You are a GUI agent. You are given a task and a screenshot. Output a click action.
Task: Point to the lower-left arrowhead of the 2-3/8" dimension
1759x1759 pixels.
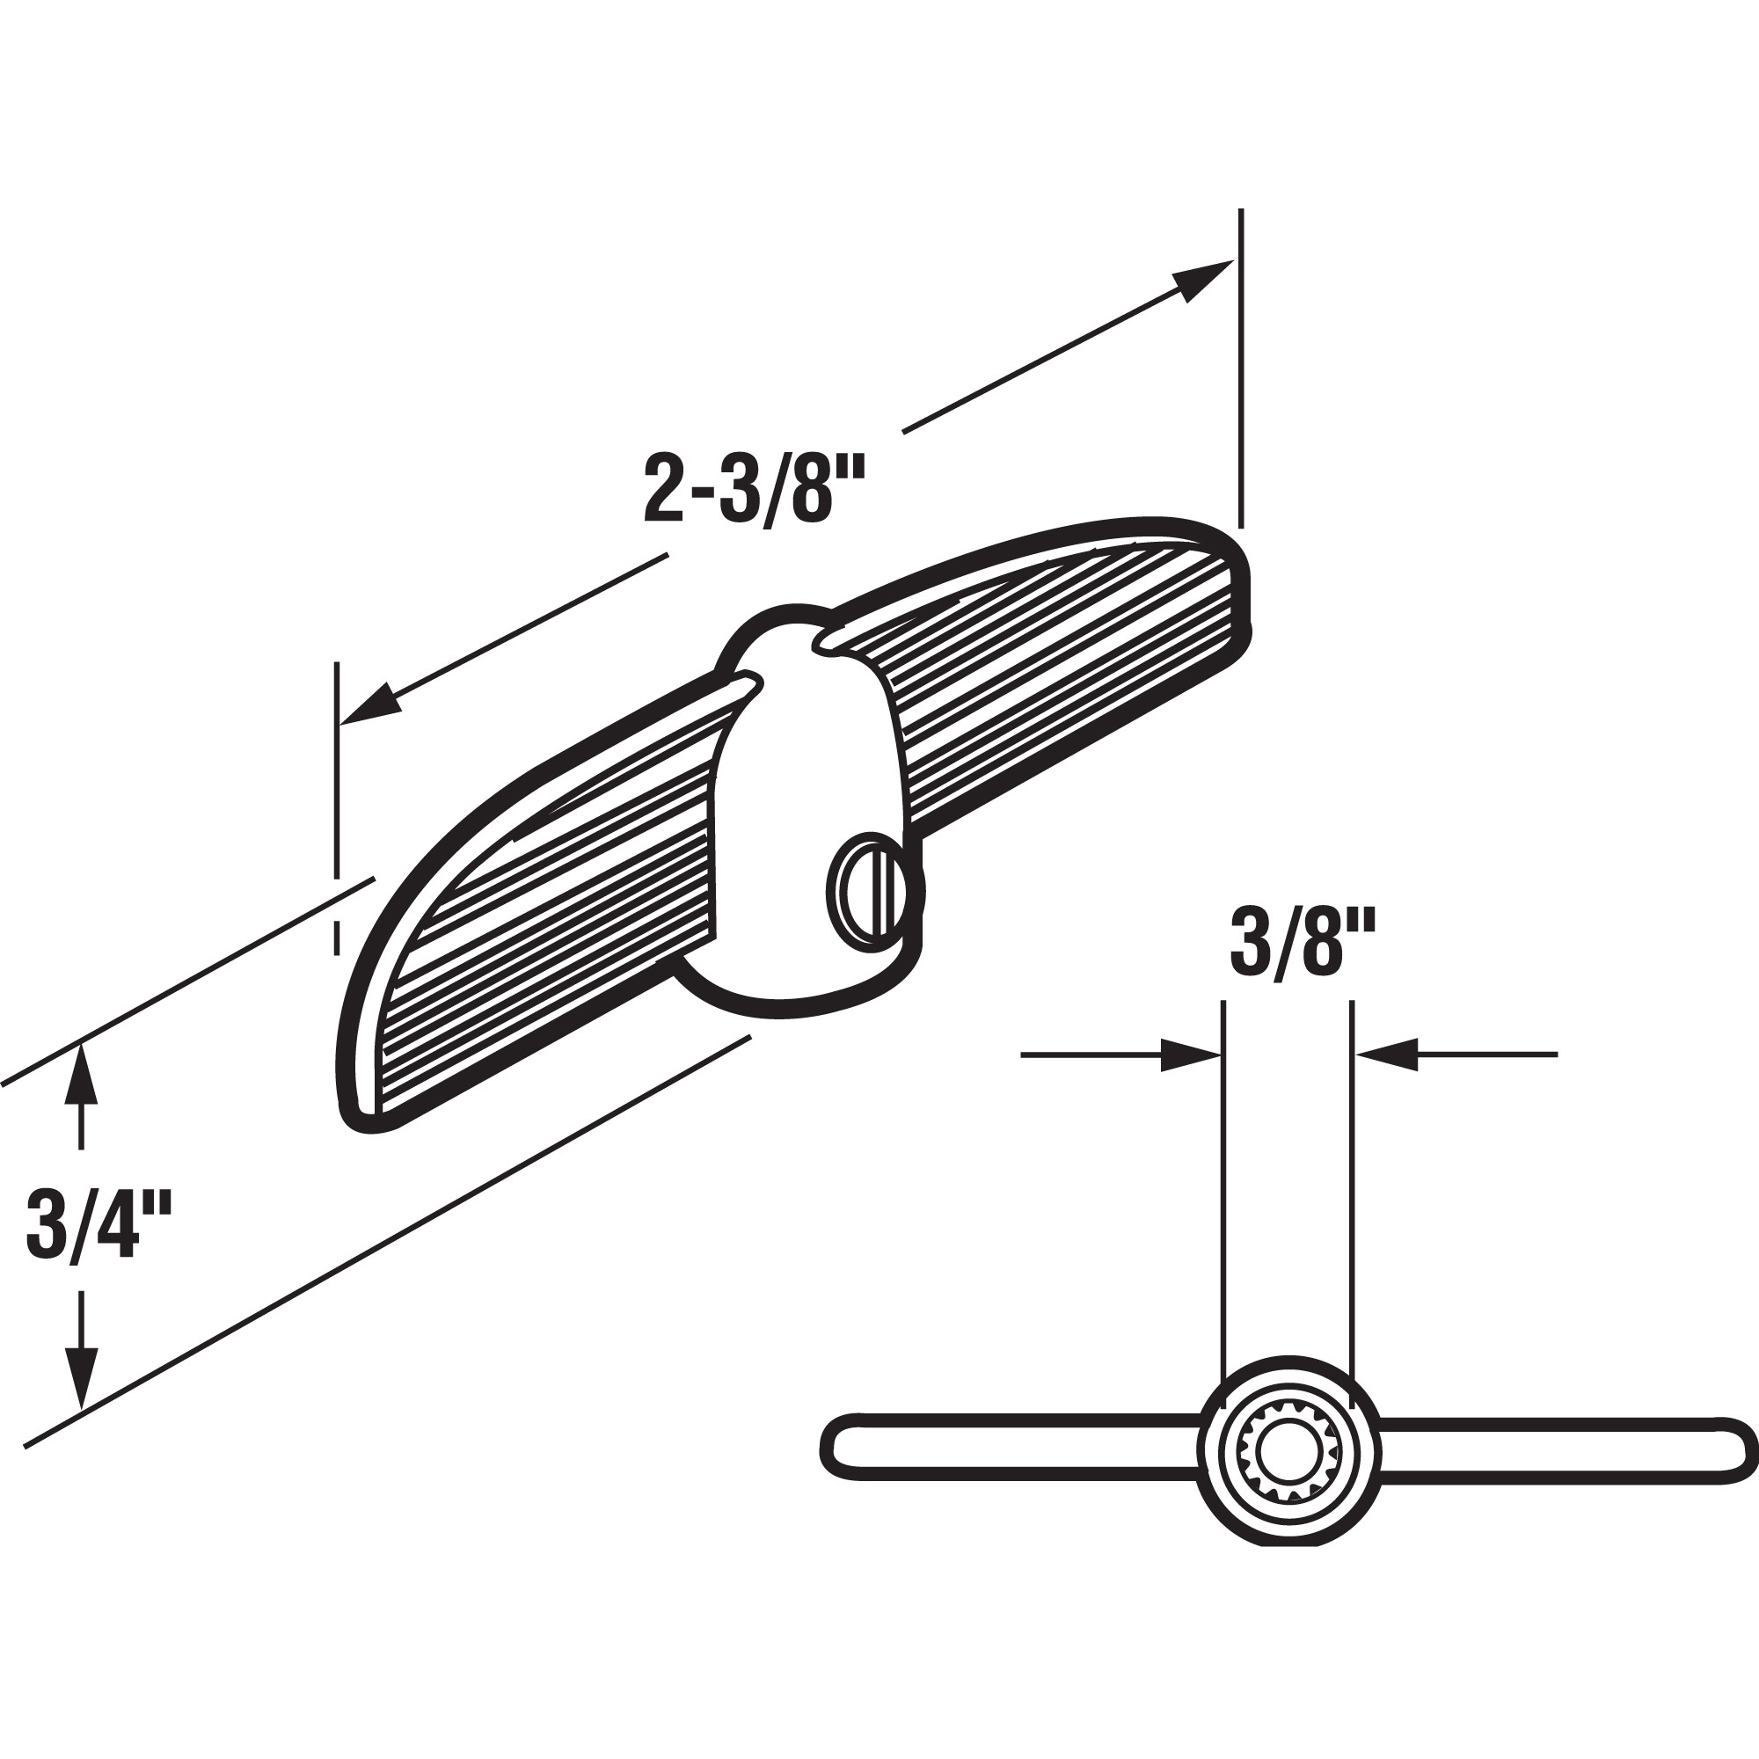369,706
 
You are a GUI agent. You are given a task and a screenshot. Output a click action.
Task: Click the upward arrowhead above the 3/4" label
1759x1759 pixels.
82,1075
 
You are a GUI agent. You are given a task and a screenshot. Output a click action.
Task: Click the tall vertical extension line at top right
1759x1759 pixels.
1241,364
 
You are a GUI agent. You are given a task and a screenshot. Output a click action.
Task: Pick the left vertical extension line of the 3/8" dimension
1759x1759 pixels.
1223,1184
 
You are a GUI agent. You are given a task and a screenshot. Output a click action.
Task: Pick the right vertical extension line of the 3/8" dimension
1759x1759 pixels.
1353,1184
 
